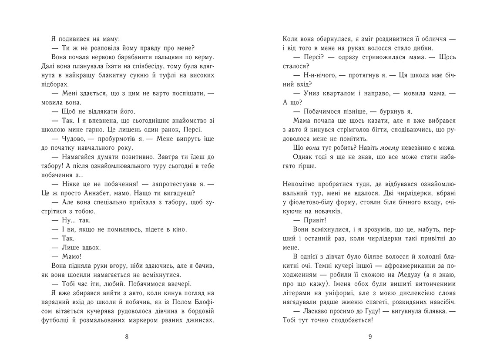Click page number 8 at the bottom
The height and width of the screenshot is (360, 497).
127,336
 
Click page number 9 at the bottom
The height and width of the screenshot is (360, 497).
369,336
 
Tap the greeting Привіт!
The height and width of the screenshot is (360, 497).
308,220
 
